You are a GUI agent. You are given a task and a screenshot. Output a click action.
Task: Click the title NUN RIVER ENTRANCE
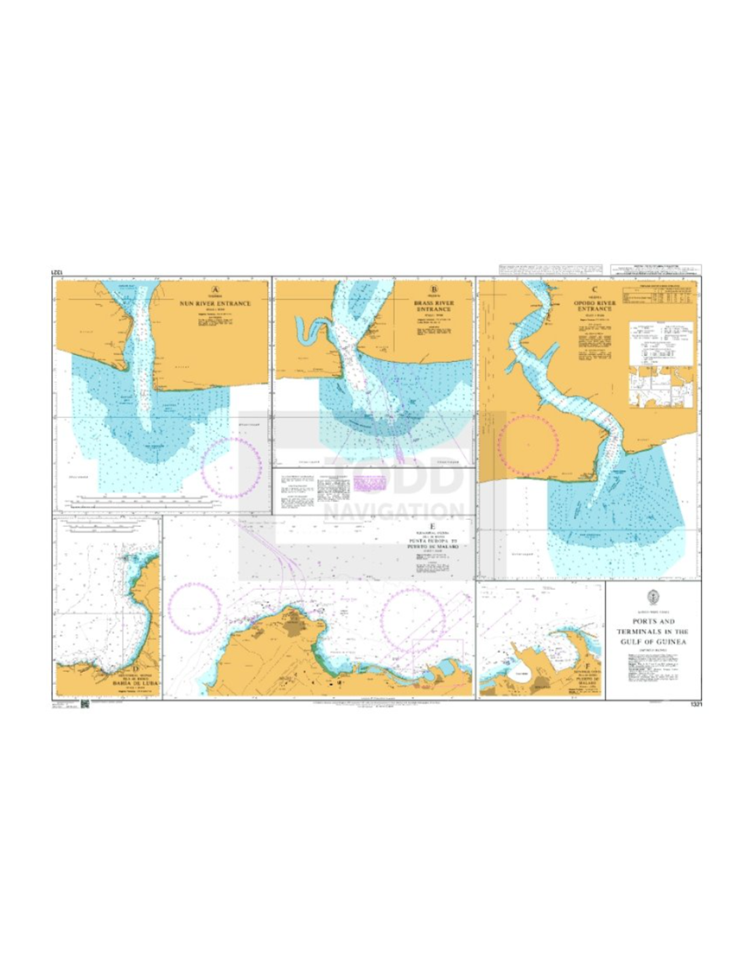coord(214,303)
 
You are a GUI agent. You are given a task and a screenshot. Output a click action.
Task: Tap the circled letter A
coord(215,290)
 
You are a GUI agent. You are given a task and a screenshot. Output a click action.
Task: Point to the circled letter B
coord(434,290)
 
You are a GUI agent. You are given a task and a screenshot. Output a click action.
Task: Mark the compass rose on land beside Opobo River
coord(529,443)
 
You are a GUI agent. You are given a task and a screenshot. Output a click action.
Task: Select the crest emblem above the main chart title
coord(648,595)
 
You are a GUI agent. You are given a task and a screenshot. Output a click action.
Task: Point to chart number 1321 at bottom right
coord(696,705)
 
